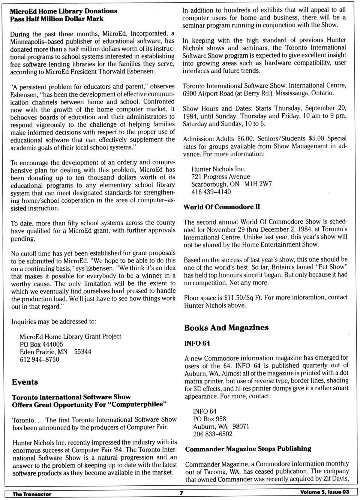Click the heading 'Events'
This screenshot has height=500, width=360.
[25, 382]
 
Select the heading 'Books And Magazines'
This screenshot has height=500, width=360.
[226, 328]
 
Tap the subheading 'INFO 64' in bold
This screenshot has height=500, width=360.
[197, 343]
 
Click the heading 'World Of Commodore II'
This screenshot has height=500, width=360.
[221, 207]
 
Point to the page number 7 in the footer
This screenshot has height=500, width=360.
[181, 493]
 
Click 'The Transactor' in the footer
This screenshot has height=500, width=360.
[32, 494]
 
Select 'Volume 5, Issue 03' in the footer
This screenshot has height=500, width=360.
[324, 492]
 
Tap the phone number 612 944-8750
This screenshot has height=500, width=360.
[39, 359]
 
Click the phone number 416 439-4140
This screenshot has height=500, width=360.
[211, 192]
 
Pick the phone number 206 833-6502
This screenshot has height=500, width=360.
[213, 434]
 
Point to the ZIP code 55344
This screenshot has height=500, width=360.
[82, 352]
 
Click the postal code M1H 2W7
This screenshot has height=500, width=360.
[258, 184]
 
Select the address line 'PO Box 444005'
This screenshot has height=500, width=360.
[41, 344]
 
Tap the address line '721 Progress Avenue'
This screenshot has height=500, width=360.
[220, 177]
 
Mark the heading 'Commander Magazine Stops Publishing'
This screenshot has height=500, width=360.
[248, 449]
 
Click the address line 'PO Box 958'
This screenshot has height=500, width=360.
[210, 419]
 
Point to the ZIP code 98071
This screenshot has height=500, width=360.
[240, 427]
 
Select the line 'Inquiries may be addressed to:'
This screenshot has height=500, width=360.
[54, 322]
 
